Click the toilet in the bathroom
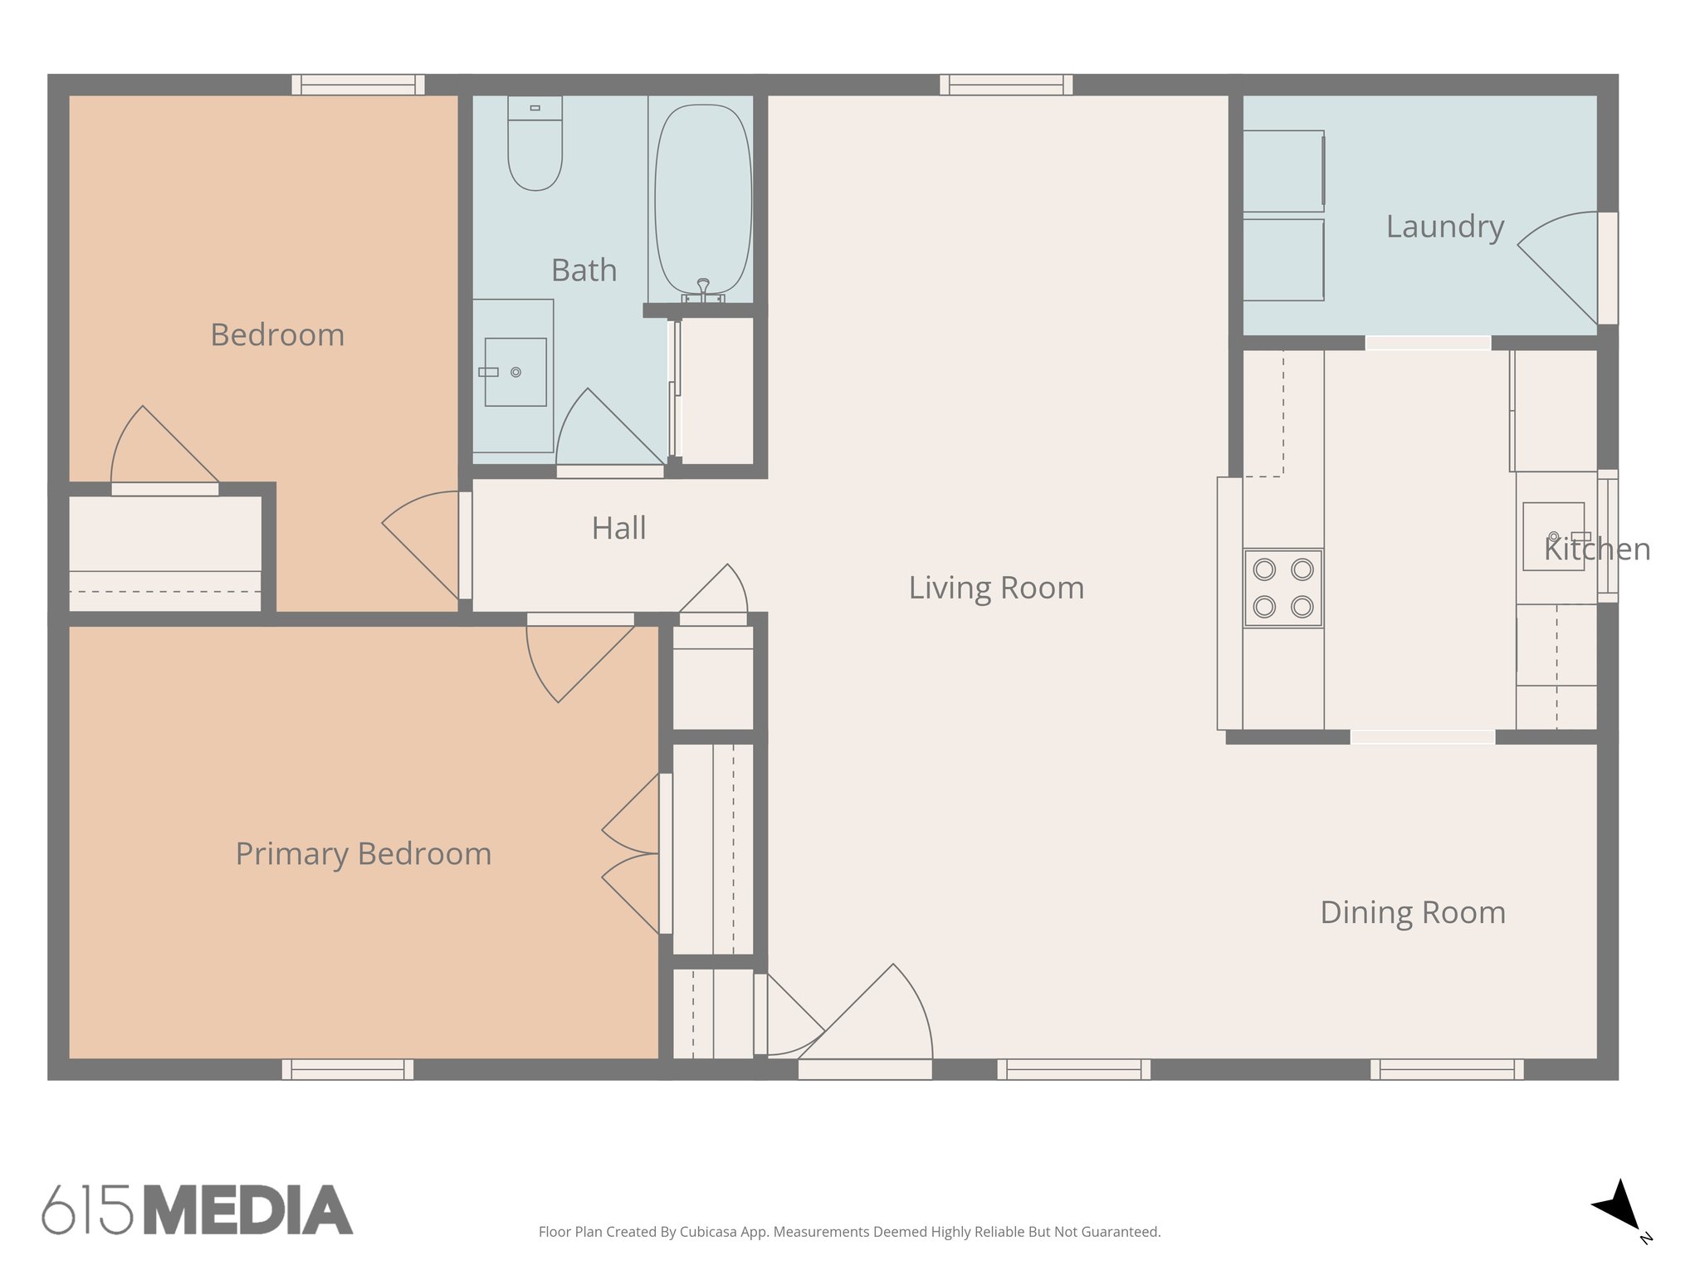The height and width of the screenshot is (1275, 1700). (x=535, y=145)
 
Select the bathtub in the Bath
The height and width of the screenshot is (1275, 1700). (x=703, y=199)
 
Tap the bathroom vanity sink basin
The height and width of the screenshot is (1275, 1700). (x=515, y=372)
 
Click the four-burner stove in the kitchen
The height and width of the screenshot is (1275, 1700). (x=1282, y=588)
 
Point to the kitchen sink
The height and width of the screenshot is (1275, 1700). (x=1553, y=536)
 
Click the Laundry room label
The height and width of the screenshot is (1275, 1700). (x=1444, y=227)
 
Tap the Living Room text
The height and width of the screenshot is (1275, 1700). (x=996, y=588)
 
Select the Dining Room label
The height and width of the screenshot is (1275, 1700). (x=1413, y=912)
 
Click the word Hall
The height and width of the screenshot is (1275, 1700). (x=618, y=528)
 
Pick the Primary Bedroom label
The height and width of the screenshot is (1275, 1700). (x=364, y=854)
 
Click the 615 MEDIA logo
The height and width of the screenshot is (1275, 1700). (x=198, y=1209)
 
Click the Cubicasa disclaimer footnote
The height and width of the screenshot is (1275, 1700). (x=849, y=1232)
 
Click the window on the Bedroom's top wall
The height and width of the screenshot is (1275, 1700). (x=358, y=85)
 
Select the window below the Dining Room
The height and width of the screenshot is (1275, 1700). (x=1446, y=1069)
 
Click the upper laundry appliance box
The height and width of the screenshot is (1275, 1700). (x=1282, y=170)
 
